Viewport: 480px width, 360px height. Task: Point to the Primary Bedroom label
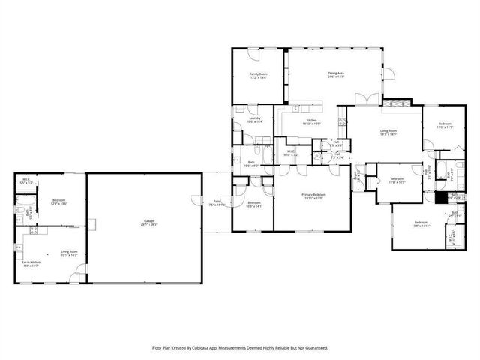click(x=312, y=196)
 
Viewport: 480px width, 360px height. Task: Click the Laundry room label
click(x=254, y=119)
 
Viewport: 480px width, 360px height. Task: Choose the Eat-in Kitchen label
click(x=31, y=263)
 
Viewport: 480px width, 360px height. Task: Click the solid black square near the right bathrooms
click(x=440, y=198)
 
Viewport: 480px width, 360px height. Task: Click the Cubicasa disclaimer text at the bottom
click(x=240, y=347)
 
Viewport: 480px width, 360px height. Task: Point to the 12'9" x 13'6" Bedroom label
click(x=59, y=202)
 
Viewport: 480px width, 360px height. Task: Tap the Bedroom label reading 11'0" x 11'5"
click(x=444, y=125)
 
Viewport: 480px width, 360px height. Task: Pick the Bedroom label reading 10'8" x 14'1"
click(x=255, y=205)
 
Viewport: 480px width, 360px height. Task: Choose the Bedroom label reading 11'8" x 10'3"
click(x=397, y=180)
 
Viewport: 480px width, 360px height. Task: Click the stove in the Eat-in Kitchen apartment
click(x=33, y=232)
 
